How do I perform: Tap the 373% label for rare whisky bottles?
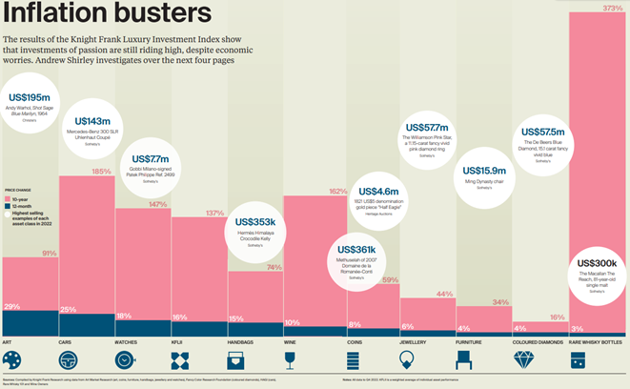point(614,9)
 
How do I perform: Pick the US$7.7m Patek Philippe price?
point(150,158)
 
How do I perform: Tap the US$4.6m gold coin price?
point(379,193)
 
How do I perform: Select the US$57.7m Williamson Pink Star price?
point(426,127)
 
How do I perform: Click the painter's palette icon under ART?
point(12,360)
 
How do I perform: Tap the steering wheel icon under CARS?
point(69,360)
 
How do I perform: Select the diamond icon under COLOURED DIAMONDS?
point(524,360)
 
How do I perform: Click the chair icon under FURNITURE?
point(464,360)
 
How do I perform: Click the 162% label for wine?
point(336,191)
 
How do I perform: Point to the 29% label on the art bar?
point(12,306)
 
